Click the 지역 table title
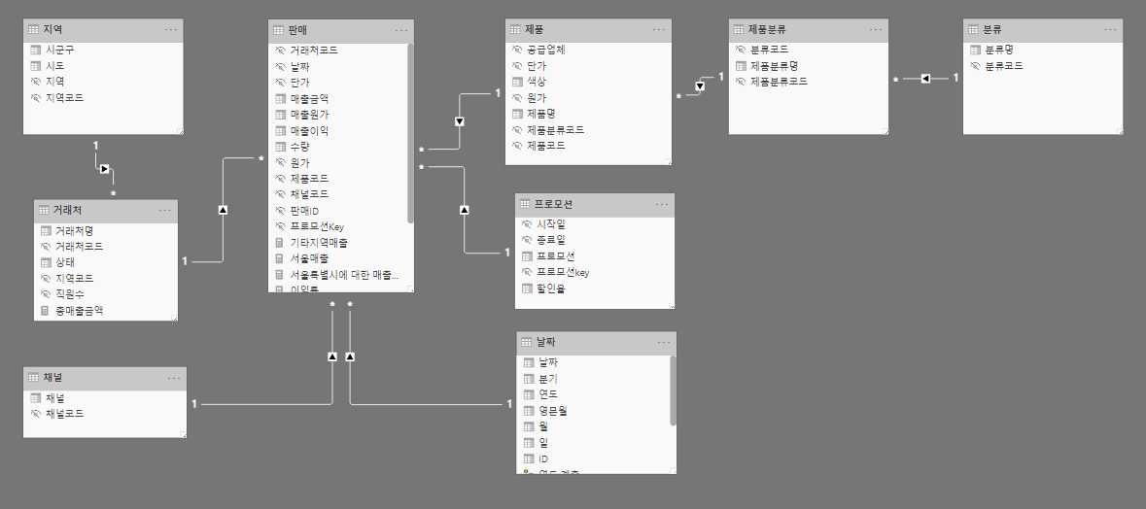click(52, 29)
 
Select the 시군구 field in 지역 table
click(61, 50)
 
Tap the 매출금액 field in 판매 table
click(309, 98)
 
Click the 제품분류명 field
click(774, 65)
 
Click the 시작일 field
click(551, 224)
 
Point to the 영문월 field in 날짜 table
click(552, 411)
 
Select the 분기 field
click(547, 379)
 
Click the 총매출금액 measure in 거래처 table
click(79, 311)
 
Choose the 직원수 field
click(70, 294)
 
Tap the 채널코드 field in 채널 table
click(64, 414)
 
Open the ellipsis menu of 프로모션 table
click(662, 204)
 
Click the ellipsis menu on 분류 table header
click(1111, 29)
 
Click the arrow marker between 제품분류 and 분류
click(925, 78)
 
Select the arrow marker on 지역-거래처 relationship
click(104, 168)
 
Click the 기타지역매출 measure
click(319, 242)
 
